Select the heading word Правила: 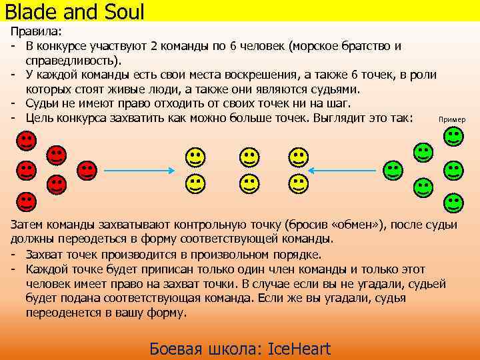click(35, 32)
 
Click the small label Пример click(451, 119)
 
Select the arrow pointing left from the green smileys click(344, 170)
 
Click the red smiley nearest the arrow click(87, 171)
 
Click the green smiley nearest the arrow click(393, 170)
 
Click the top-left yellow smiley click(195, 158)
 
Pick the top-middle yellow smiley click(249, 158)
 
